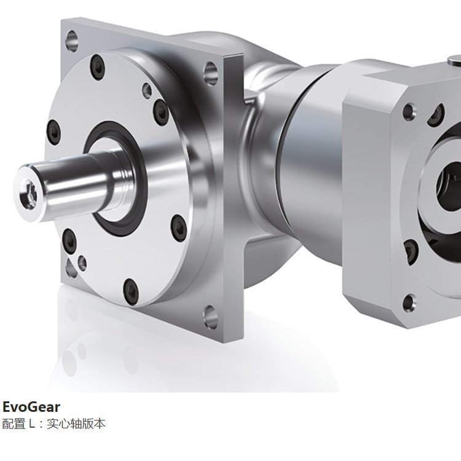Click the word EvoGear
click(x=31, y=407)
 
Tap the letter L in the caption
click(x=32, y=424)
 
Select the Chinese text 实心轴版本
click(x=76, y=424)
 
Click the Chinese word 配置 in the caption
click(x=14, y=424)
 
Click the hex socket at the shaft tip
click(x=27, y=192)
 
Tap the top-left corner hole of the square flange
click(x=71, y=41)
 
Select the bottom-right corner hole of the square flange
click(x=210, y=317)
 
